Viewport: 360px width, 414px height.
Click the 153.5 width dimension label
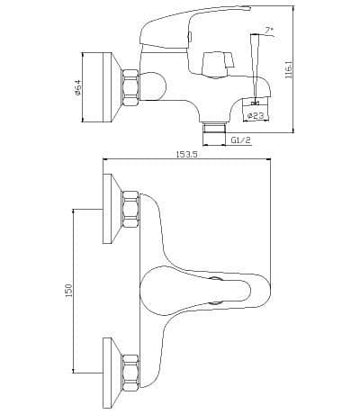coord(186,155)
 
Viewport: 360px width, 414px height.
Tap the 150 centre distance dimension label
coord(68,291)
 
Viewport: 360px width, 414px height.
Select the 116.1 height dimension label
coord(289,69)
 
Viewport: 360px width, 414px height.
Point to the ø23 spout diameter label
coord(256,115)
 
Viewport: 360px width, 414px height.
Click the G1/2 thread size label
coord(241,139)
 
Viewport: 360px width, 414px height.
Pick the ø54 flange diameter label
coord(78,87)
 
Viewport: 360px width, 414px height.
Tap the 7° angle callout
coord(269,31)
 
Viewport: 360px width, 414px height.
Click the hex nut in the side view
coord(130,87)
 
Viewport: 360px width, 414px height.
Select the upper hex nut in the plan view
coord(130,209)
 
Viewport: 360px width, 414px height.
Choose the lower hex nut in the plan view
coord(130,373)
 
